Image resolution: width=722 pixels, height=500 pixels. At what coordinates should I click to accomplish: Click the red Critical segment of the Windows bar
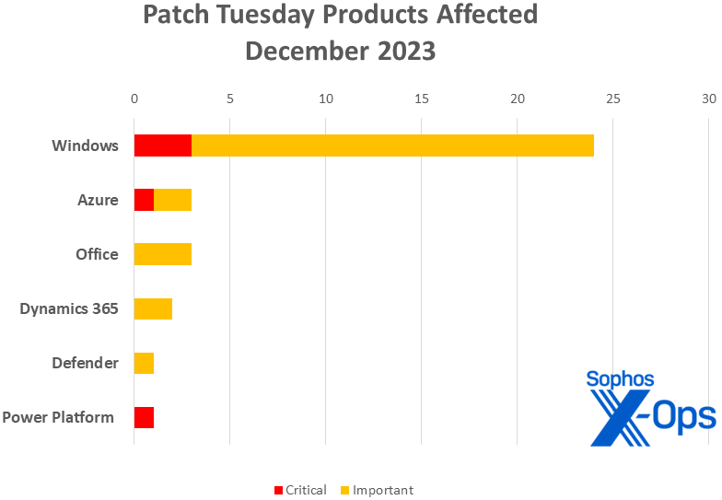point(163,145)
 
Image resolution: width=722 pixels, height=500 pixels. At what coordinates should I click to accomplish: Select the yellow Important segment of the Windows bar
point(392,145)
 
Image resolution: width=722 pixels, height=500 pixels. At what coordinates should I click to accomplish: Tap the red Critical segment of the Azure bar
point(144,200)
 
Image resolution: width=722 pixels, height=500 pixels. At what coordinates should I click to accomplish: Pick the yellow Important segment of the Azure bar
point(173,200)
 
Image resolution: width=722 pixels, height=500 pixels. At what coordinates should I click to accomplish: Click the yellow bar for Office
point(163,254)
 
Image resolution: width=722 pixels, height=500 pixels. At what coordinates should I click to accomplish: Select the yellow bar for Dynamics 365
point(153,308)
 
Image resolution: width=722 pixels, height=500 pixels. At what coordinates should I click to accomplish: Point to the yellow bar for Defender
point(144,363)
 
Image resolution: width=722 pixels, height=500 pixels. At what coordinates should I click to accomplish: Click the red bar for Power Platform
point(144,417)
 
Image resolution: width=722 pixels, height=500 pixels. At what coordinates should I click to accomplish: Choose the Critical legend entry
point(300,490)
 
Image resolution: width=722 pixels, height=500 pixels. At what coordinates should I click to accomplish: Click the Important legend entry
point(377,490)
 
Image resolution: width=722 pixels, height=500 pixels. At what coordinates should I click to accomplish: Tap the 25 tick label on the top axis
point(613,99)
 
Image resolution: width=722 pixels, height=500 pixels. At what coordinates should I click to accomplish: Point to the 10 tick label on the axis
point(326,99)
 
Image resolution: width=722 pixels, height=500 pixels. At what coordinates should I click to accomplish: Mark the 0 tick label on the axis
point(134,99)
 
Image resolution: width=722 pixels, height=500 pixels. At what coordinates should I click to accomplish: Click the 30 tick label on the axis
point(709,99)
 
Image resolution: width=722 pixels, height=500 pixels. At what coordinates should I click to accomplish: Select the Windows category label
point(85,145)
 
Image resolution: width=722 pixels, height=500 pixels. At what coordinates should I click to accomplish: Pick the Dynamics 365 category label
point(69,308)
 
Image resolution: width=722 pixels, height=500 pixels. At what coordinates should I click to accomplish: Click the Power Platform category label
point(58,417)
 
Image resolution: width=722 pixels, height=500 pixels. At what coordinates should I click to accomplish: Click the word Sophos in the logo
point(620,378)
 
